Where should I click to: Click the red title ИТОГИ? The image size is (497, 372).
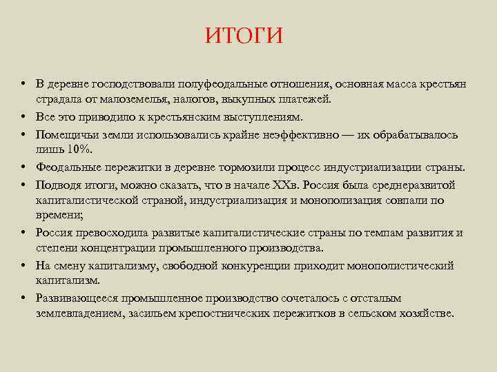tap(244, 36)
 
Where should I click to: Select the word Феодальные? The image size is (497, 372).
tap(69, 167)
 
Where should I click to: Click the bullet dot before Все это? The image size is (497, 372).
tap(23, 116)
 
